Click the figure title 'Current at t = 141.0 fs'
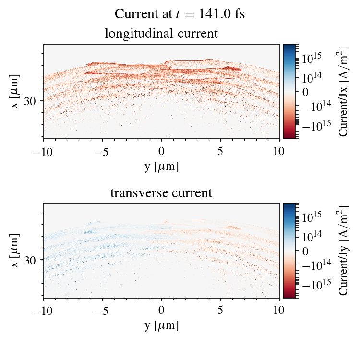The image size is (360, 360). point(180,14)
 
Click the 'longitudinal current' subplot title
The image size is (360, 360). point(161,34)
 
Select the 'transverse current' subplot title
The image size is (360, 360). point(161,193)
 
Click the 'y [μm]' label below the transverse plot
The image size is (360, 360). point(161,326)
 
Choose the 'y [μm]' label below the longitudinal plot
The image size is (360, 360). point(161,167)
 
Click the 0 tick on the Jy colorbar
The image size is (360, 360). point(305,251)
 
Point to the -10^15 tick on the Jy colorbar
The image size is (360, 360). point(314,284)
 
